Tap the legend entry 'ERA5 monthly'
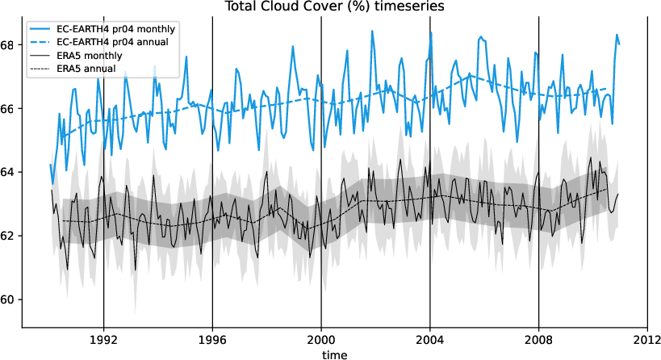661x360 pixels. [x=90, y=56]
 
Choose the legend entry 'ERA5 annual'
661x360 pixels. [x=86, y=69]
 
